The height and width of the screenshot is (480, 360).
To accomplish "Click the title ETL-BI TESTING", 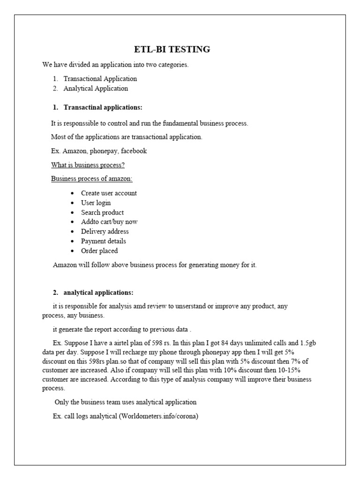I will tap(170, 49).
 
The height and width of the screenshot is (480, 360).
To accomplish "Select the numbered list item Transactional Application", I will tap(100, 79).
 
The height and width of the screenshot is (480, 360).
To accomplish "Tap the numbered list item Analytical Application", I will tap(96, 88).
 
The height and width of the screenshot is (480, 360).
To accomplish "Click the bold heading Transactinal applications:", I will tap(103, 107).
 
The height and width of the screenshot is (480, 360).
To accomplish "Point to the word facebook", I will tap(134, 151).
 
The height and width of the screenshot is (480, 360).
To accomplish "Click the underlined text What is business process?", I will tap(88, 165).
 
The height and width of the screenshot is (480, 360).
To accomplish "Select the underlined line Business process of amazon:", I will tap(91, 179).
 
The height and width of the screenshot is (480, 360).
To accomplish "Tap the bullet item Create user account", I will tap(109, 193).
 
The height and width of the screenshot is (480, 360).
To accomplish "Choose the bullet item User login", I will tap(96, 202).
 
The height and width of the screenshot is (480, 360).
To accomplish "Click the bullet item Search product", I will tap(102, 212).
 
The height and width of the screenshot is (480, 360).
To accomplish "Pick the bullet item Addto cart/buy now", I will tap(109, 222).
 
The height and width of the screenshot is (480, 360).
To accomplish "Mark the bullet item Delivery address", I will tap(105, 232).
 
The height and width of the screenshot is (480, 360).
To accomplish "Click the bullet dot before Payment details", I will tap(72, 241).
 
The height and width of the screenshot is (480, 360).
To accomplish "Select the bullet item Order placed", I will tap(99, 251).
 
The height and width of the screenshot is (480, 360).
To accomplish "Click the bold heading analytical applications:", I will tap(98, 292).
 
